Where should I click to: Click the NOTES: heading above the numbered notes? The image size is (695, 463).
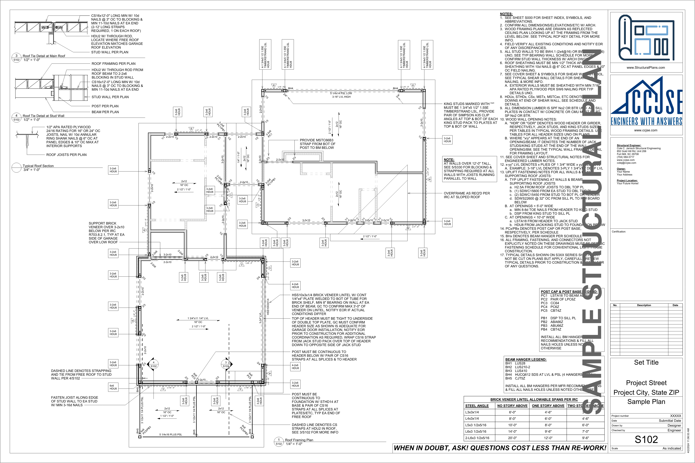click(506, 14)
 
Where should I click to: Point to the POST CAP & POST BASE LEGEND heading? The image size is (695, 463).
click(569, 291)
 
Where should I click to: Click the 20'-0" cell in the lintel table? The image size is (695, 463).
click(512, 438)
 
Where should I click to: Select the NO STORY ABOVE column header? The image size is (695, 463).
click(512, 406)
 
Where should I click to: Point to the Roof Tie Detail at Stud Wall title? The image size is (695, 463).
click(43, 116)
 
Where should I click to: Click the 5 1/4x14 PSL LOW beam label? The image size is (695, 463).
click(341, 93)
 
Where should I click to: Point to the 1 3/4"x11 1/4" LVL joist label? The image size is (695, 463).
click(198, 318)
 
